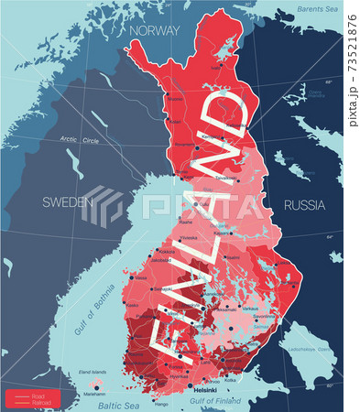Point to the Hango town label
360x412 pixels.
coord(161,403)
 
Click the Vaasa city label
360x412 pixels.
coord(140,277)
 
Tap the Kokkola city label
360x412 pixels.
coord(167,251)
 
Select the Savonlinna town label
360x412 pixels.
coord(264,317)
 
